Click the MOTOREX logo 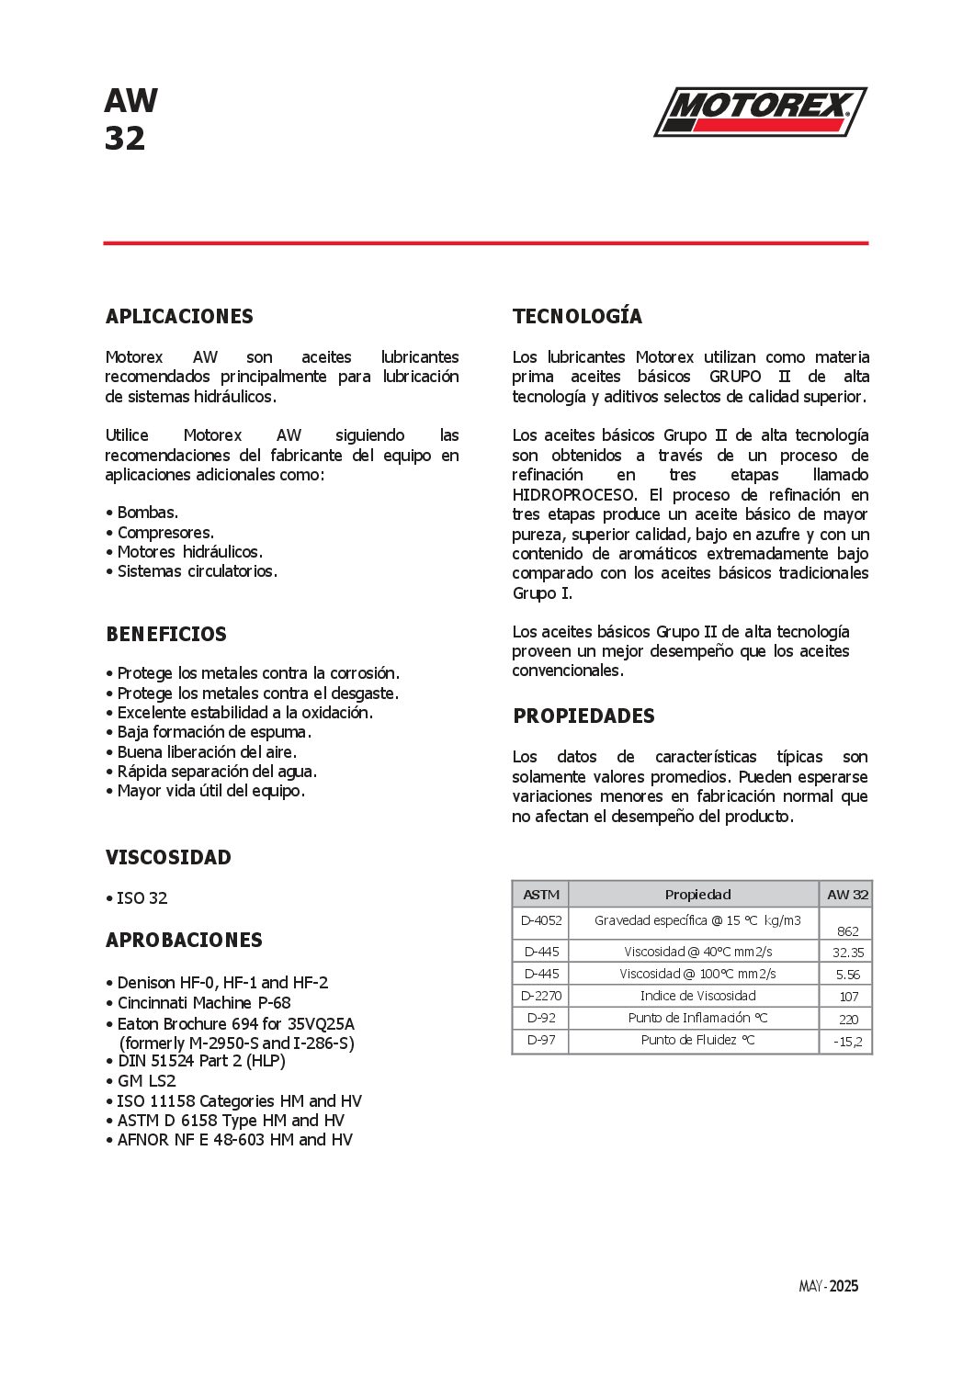point(760,111)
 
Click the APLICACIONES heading point(179,316)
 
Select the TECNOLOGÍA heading point(577,316)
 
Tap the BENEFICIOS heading point(166,634)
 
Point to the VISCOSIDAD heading point(168,857)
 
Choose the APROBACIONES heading point(184,940)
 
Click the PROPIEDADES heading point(583,716)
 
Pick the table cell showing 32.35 point(847,953)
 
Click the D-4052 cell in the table point(541,920)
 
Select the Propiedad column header point(697,895)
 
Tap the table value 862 point(847,930)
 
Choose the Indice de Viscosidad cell point(697,996)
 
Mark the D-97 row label point(541,1040)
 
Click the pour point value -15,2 point(847,1042)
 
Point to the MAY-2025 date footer point(828,1286)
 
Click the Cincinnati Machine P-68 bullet point(203,1003)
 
